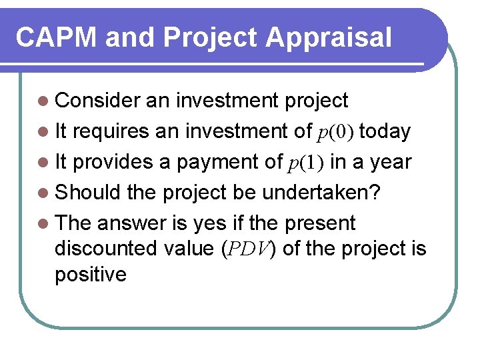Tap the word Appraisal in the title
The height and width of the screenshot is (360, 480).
329,38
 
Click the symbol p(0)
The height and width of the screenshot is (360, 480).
334,132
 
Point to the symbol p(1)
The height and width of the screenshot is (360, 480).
307,163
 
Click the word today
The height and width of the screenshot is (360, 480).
385,131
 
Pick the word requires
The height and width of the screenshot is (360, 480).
111,131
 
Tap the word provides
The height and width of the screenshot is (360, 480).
113,162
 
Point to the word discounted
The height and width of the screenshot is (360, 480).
107,248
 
